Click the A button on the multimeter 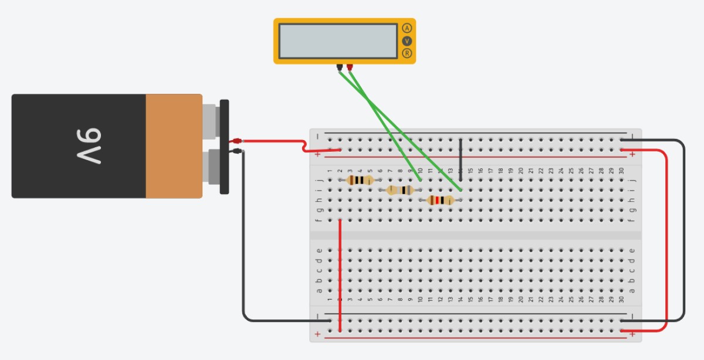click(x=407, y=28)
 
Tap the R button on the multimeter click(x=407, y=53)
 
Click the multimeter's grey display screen click(x=338, y=41)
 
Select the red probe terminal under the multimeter click(x=350, y=67)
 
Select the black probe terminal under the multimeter click(x=339, y=67)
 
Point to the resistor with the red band click(x=440, y=200)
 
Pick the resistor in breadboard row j click(x=360, y=180)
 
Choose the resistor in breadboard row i click(x=400, y=190)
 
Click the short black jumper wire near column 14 click(x=461, y=159)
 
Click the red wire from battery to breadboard click(x=276, y=141)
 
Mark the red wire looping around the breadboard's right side click(x=667, y=235)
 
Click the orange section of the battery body click(x=174, y=146)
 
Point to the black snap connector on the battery click(x=224, y=147)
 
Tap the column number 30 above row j click(x=621, y=170)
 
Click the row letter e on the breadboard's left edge click(x=319, y=251)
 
